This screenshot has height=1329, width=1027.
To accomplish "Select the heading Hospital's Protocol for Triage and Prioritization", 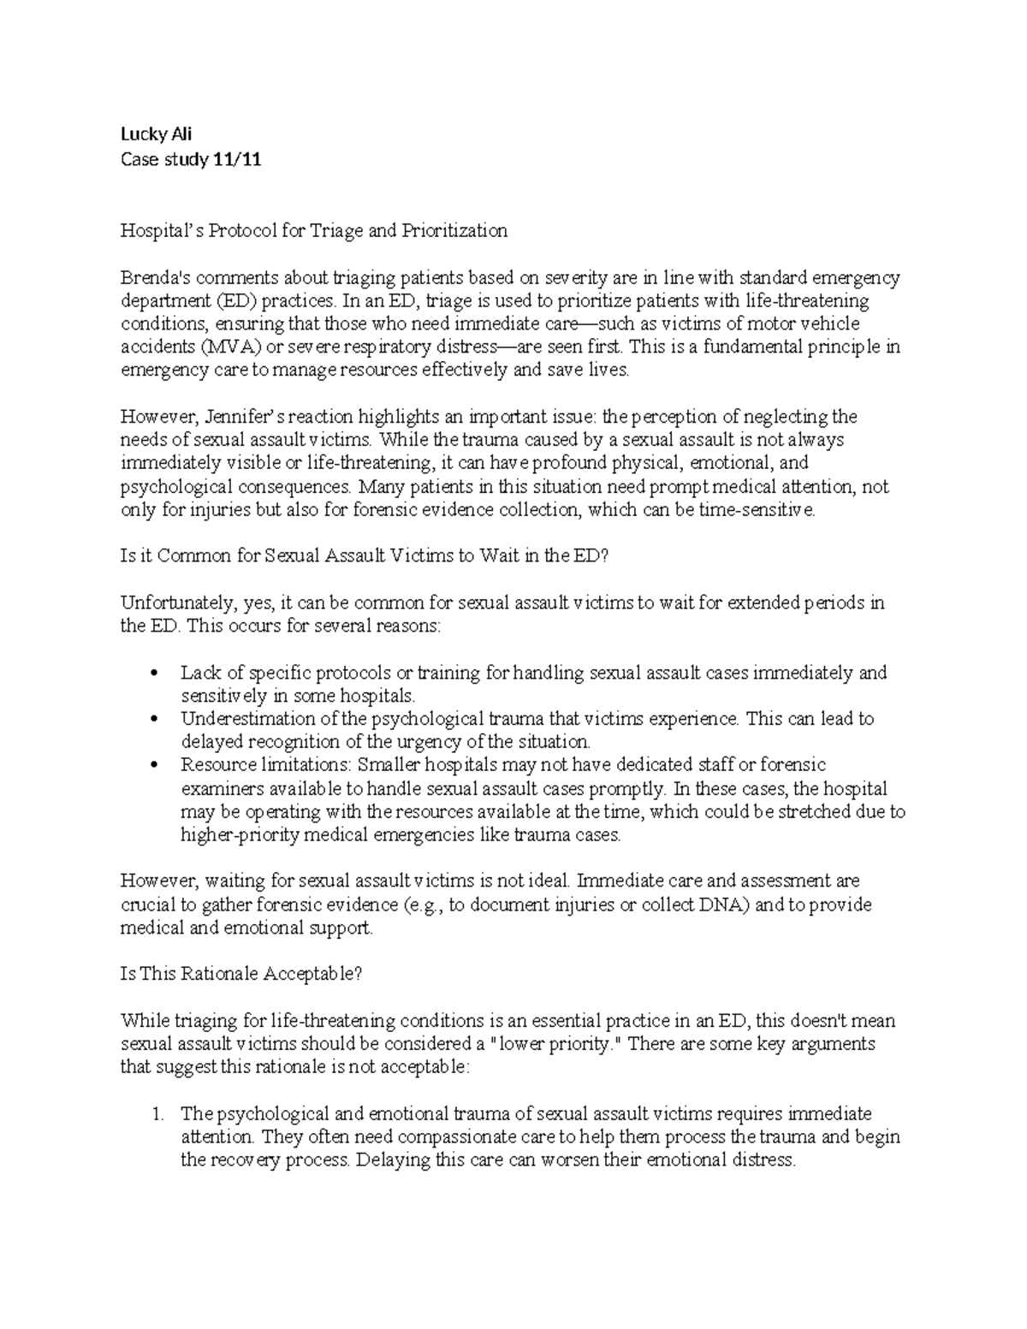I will point(313,230).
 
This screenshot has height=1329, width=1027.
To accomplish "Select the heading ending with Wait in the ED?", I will point(364,555).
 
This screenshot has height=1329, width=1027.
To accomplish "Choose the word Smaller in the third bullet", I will point(385,764).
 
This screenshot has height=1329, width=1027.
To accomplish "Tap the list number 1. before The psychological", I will point(157,1114).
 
